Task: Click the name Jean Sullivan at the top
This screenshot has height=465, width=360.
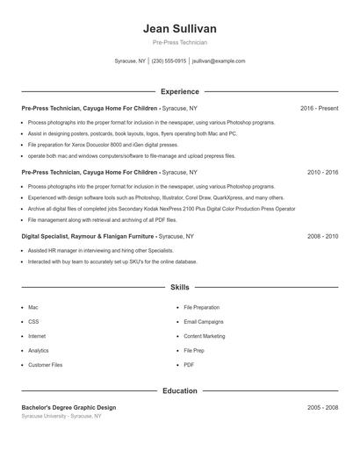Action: tap(179, 29)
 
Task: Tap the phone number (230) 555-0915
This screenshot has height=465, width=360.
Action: tap(169, 61)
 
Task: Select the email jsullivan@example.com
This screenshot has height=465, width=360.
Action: tap(219, 61)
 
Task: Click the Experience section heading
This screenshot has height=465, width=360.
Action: tap(179, 91)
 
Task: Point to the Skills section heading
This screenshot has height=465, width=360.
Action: tap(179, 287)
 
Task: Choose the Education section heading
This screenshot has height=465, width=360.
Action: tap(179, 391)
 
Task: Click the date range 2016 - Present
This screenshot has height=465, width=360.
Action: tap(319, 108)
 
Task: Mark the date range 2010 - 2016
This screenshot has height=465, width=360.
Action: tap(322, 173)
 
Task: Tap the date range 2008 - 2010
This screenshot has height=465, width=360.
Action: tap(322, 237)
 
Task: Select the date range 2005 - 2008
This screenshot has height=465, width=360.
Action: tap(322, 408)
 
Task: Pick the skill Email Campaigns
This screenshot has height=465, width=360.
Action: tap(205, 322)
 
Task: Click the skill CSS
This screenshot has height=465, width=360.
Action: tap(33, 322)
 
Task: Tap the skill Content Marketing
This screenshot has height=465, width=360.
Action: tap(205, 336)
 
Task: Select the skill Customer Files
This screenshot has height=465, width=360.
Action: tap(46, 364)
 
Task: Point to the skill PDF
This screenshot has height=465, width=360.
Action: tap(189, 364)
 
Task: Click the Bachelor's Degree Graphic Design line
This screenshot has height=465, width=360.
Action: tap(68, 408)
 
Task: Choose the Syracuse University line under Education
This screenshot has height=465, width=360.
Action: tap(61, 416)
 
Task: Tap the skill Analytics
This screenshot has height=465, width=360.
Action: tap(39, 350)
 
